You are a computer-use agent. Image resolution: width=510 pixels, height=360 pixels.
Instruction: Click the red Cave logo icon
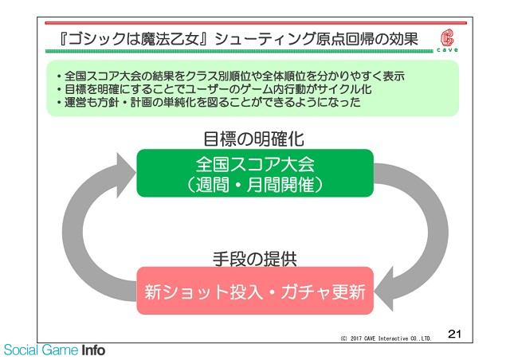tap(447, 37)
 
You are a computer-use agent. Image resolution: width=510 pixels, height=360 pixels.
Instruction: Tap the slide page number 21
tap(454, 334)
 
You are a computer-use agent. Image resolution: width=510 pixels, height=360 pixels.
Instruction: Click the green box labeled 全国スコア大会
tap(255, 173)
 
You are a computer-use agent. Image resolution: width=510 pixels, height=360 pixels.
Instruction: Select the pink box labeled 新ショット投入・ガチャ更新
tap(255, 291)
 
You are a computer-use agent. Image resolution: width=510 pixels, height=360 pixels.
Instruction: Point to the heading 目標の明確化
tap(253, 139)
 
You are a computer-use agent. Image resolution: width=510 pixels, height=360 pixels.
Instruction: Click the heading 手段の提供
tap(255, 259)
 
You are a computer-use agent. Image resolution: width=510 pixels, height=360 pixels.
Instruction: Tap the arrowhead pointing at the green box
tap(125, 175)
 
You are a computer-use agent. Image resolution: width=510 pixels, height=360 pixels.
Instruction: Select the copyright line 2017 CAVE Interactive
tap(386, 338)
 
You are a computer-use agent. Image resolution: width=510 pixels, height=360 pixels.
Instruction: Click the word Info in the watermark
tap(93, 350)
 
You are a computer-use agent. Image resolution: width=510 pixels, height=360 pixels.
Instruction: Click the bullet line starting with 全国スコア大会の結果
tap(230, 76)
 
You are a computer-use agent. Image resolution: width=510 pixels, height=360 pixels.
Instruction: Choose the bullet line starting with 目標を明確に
tap(214, 89)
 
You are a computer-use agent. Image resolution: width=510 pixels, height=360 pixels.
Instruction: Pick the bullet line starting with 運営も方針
tap(209, 102)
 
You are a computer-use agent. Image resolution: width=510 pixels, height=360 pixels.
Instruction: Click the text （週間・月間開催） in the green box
tap(255, 185)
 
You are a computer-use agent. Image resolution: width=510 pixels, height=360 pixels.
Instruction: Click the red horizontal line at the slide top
tap(256, 23)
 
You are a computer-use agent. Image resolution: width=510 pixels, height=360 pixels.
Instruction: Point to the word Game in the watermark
tap(61, 350)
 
